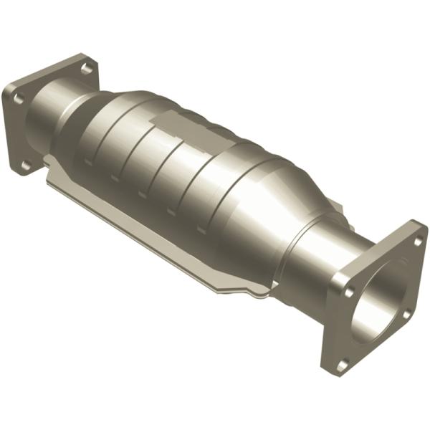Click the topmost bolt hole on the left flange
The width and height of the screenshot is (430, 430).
point(86,69)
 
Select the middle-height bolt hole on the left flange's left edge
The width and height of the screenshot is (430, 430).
point(18,93)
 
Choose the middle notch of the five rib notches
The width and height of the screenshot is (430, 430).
point(142,194)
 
